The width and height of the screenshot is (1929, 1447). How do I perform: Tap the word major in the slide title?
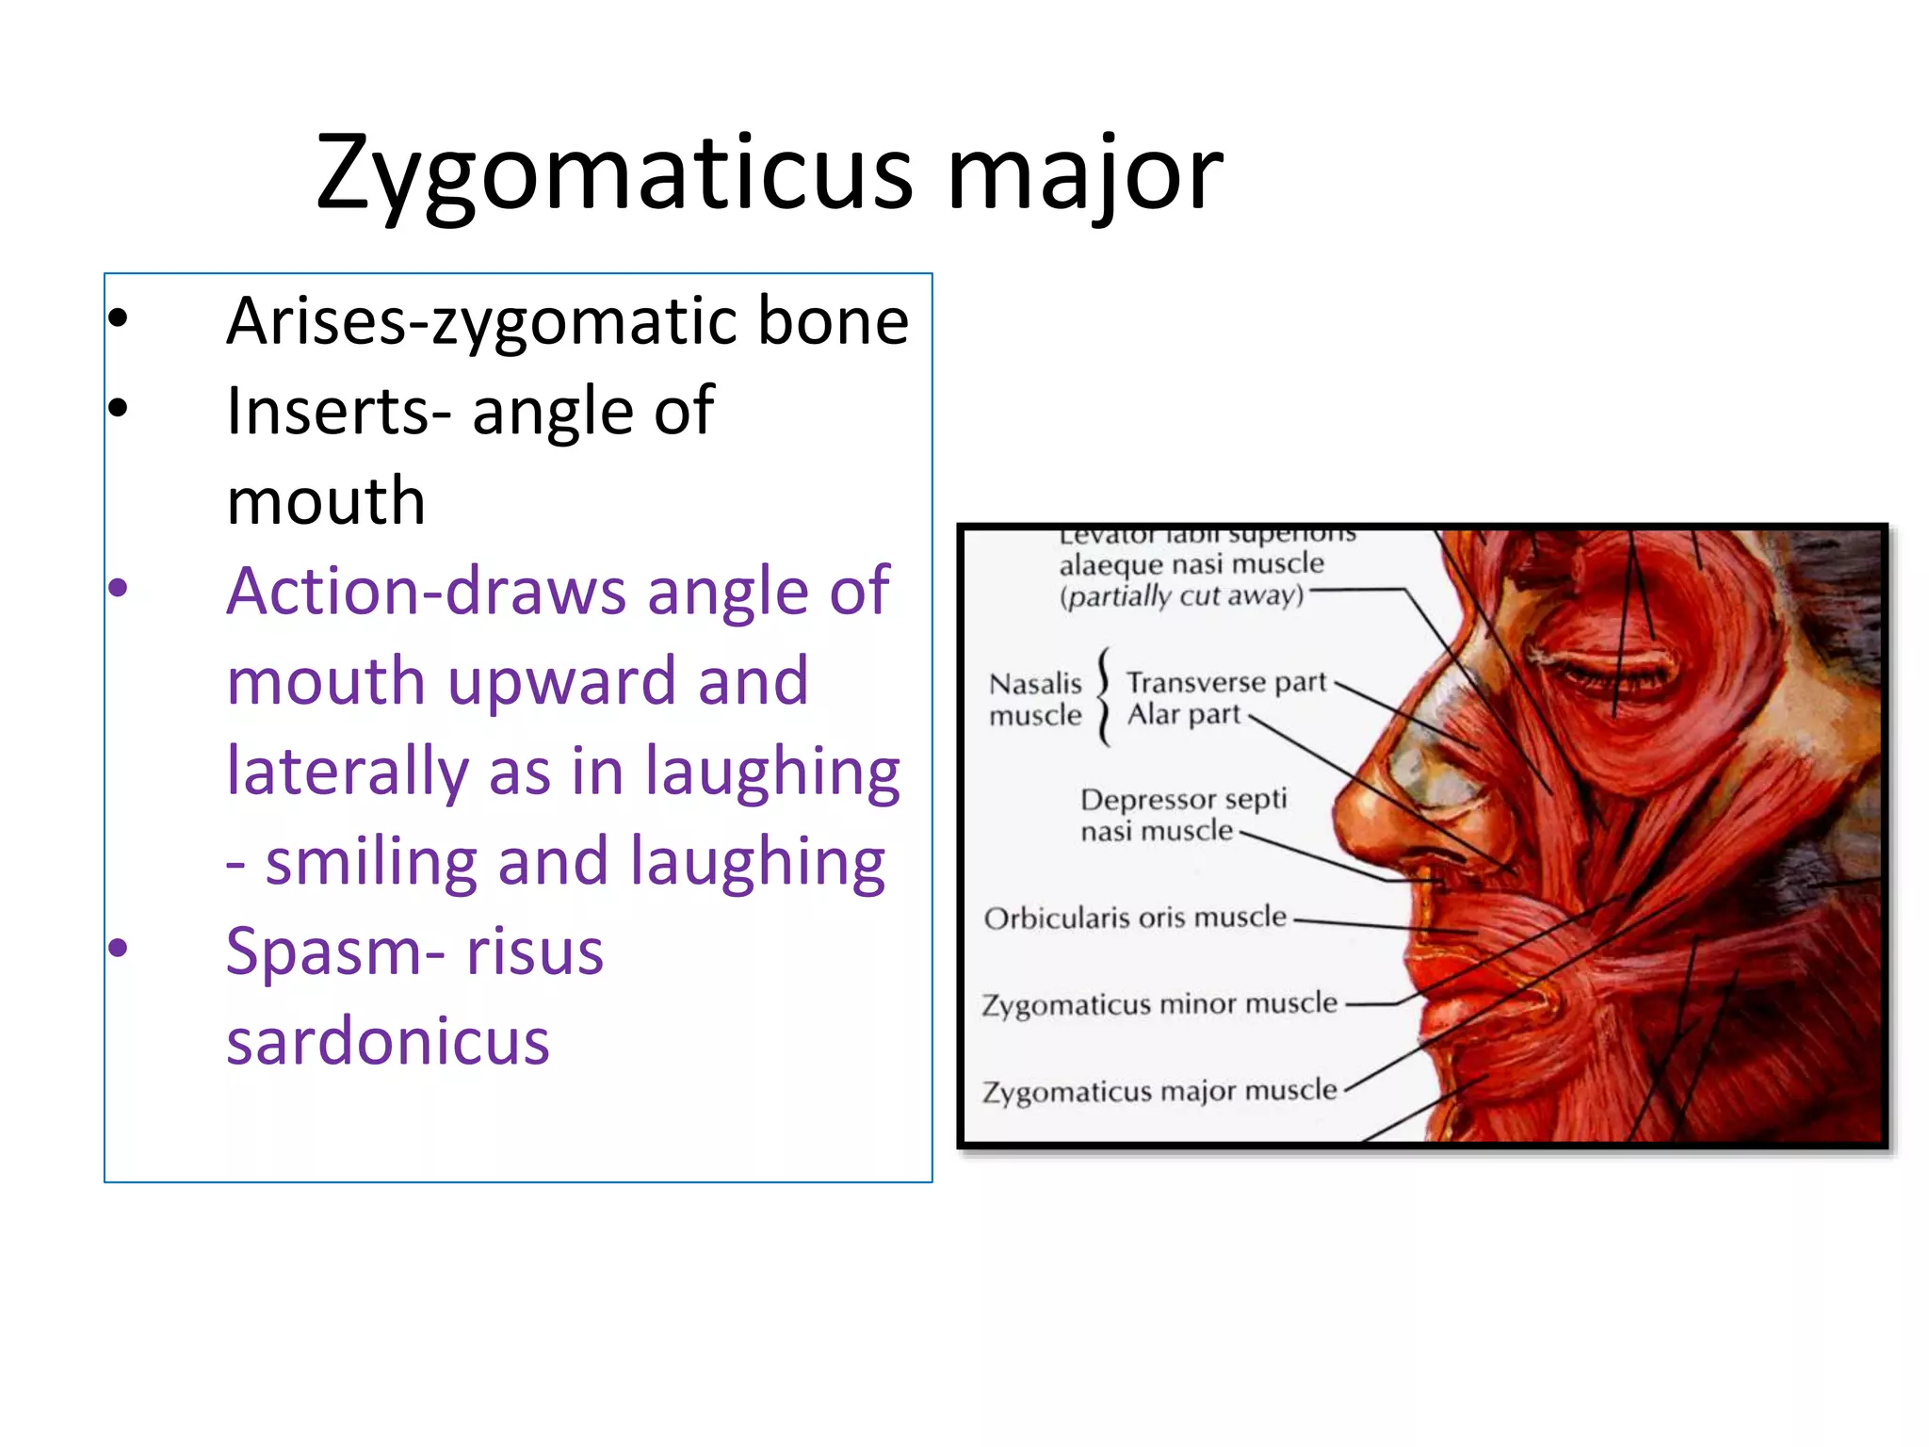1084,175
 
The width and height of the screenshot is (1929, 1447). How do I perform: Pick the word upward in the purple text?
561,680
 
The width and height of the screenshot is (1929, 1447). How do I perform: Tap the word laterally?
347,771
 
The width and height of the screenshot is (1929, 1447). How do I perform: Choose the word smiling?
371,861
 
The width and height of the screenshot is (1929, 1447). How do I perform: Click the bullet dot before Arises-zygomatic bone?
118,317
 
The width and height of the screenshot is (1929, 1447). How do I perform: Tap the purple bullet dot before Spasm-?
118,947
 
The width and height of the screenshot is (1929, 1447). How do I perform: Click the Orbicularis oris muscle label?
1135,918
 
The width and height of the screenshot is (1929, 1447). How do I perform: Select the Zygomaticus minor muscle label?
1159,1004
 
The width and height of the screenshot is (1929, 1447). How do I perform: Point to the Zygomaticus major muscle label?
1159,1091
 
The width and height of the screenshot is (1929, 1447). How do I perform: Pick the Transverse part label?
1226,681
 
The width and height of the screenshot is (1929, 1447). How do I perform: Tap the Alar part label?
1184,715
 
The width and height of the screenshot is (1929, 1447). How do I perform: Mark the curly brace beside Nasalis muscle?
1105,697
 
